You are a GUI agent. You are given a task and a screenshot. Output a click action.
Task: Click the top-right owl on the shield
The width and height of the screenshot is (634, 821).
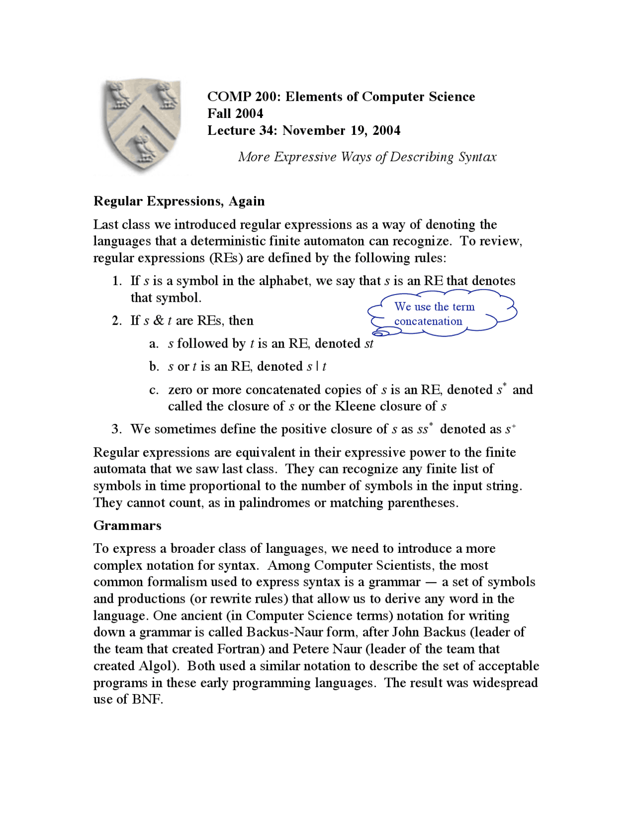pyautogui.click(x=167, y=95)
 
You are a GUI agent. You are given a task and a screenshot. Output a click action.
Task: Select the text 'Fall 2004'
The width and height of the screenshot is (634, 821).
pyautogui.click(x=235, y=114)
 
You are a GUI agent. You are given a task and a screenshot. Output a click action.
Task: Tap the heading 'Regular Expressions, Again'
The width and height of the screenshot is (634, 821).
pyautogui.click(x=179, y=201)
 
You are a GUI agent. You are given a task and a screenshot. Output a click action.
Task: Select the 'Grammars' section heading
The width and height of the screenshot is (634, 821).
pyautogui.click(x=127, y=526)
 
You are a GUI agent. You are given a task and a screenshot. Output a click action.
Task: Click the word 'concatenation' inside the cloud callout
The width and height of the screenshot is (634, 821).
pyautogui.click(x=428, y=321)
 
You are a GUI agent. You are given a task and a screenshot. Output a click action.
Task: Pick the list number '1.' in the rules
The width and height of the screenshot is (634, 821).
pyautogui.click(x=117, y=281)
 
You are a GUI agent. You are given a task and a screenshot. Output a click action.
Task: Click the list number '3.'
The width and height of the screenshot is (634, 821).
pyautogui.click(x=117, y=429)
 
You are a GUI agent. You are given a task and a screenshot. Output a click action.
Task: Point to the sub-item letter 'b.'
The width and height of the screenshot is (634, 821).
pyautogui.click(x=154, y=366)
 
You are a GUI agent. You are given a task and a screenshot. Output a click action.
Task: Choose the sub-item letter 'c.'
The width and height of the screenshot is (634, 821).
pyautogui.click(x=154, y=390)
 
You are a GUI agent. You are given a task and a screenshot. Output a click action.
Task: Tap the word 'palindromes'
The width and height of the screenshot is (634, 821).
pyautogui.click(x=275, y=503)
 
